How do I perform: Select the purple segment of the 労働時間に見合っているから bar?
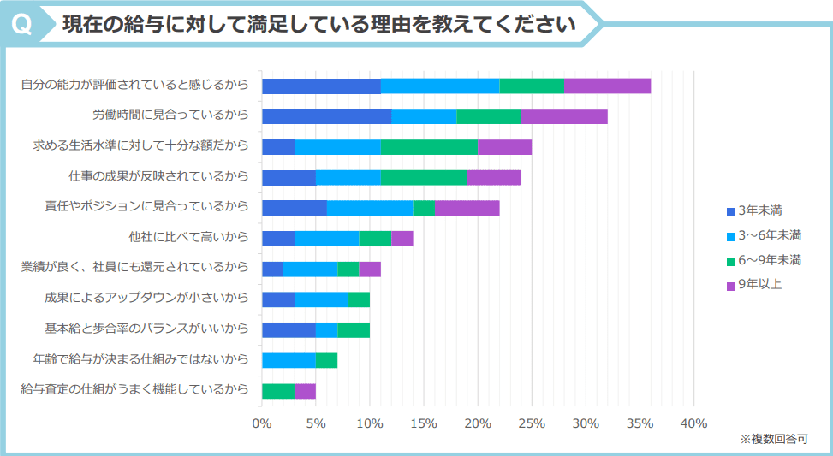point(564,116)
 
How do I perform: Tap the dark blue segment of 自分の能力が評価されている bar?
point(321,86)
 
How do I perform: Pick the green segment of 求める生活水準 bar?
point(429,147)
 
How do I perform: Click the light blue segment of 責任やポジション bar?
point(370,208)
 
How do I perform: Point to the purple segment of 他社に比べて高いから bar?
point(402,239)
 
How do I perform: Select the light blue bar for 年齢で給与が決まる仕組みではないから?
point(289,360)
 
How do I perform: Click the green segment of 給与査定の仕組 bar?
point(277,391)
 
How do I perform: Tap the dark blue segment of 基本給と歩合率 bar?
point(289,330)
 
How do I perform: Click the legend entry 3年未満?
point(759,210)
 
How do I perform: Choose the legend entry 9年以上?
point(759,284)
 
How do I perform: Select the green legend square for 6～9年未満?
point(730,260)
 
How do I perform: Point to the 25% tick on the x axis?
point(532,423)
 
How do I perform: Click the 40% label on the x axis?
point(693,423)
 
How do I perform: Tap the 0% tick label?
point(262,423)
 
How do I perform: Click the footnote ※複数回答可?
point(773,439)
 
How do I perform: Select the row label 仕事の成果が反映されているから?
point(158,177)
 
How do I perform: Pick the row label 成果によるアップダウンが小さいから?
point(146,299)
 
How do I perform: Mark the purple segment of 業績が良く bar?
point(370,269)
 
